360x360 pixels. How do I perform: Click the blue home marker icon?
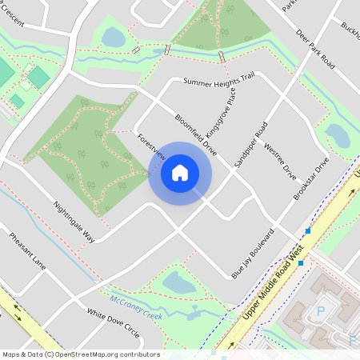click(x=180, y=173)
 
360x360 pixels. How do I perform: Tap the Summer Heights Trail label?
click(x=218, y=80)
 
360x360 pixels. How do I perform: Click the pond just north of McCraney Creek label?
click(x=178, y=282)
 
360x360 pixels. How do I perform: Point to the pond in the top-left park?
click(x=114, y=37)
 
